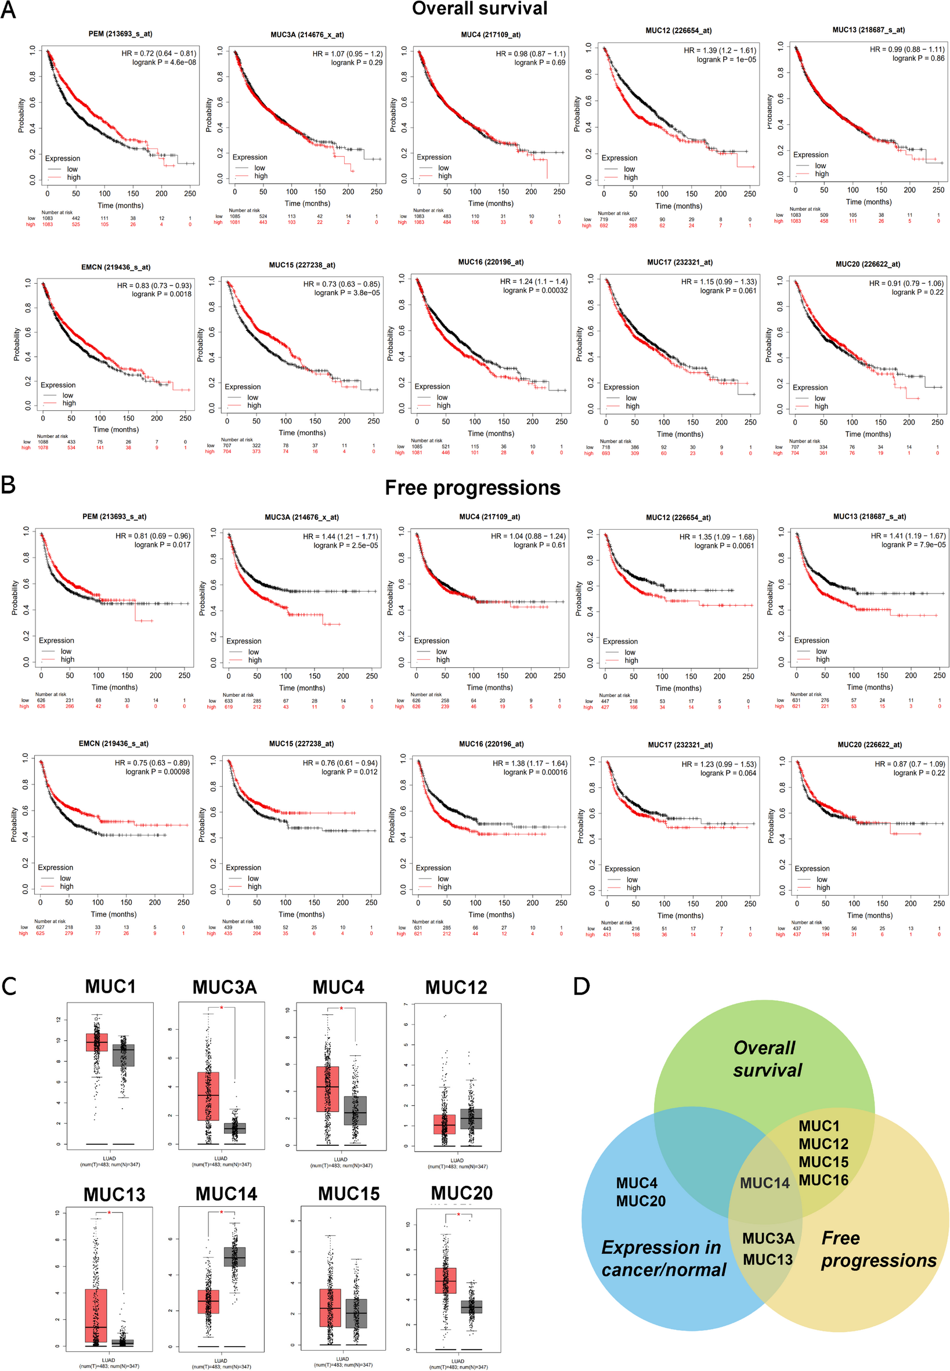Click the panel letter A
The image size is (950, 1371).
click(x=8, y=10)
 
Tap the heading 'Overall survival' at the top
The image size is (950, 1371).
click(x=479, y=9)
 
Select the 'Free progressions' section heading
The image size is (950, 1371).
click(x=472, y=488)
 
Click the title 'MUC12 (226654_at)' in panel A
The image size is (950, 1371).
click(x=678, y=30)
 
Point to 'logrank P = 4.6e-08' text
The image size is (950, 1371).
click(x=164, y=62)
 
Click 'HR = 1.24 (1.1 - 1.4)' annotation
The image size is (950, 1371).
click(x=533, y=281)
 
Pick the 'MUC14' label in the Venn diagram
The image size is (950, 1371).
click(x=764, y=1183)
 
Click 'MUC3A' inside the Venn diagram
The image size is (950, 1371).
click(x=768, y=1238)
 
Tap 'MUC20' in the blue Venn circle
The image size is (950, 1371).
click(x=641, y=1201)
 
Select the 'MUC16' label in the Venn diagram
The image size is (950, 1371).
click(x=823, y=1180)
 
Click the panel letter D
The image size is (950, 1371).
click(x=581, y=986)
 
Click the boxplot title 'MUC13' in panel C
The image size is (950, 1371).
click(x=114, y=1194)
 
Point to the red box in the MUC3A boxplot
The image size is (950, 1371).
click(x=208, y=1096)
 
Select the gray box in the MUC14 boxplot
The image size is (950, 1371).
click(x=234, y=1256)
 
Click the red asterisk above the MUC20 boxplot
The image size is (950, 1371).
click(x=458, y=1214)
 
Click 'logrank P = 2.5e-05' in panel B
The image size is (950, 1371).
click(x=346, y=545)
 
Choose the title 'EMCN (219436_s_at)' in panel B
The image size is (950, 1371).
click(x=114, y=743)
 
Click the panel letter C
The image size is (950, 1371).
click(x=9, y=986)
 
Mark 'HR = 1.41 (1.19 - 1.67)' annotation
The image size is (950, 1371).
click(x=908, y=536)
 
